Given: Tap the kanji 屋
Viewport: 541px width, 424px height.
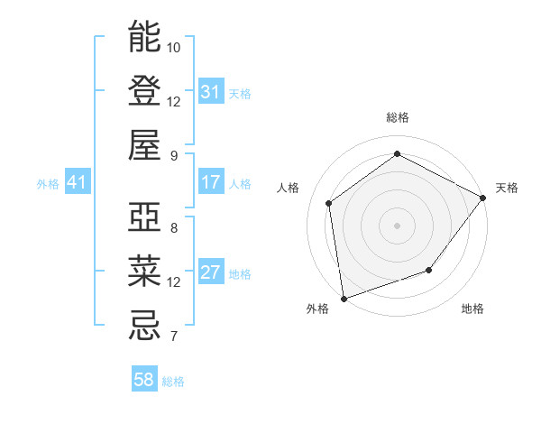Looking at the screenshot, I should [144, 145].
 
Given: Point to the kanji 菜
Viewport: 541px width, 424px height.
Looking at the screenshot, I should [144, 272].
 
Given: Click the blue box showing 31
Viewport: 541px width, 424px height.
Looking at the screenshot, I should [211, 92].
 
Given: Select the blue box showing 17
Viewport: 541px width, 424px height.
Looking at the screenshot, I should [211, 182].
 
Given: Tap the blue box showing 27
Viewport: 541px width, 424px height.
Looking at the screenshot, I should [211, 272].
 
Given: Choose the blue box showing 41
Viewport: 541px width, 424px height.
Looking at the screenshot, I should [77, 182].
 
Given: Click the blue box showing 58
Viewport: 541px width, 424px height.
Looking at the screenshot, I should [144, 380].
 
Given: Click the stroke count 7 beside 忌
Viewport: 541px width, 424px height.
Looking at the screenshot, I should [174, 337].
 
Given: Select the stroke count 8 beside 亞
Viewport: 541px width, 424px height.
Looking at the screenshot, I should [174, 228].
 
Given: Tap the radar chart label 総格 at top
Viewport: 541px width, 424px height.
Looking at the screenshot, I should [397, 117].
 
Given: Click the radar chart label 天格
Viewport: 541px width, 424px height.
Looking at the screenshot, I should [507, 188].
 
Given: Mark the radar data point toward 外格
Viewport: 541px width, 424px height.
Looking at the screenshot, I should [344, 298].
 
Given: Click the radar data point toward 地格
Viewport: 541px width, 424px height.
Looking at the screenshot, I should [429, 270].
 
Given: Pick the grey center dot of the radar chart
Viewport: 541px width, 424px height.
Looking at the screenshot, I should [397, 225].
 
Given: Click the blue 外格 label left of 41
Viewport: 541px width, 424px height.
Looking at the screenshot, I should [48, 183].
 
